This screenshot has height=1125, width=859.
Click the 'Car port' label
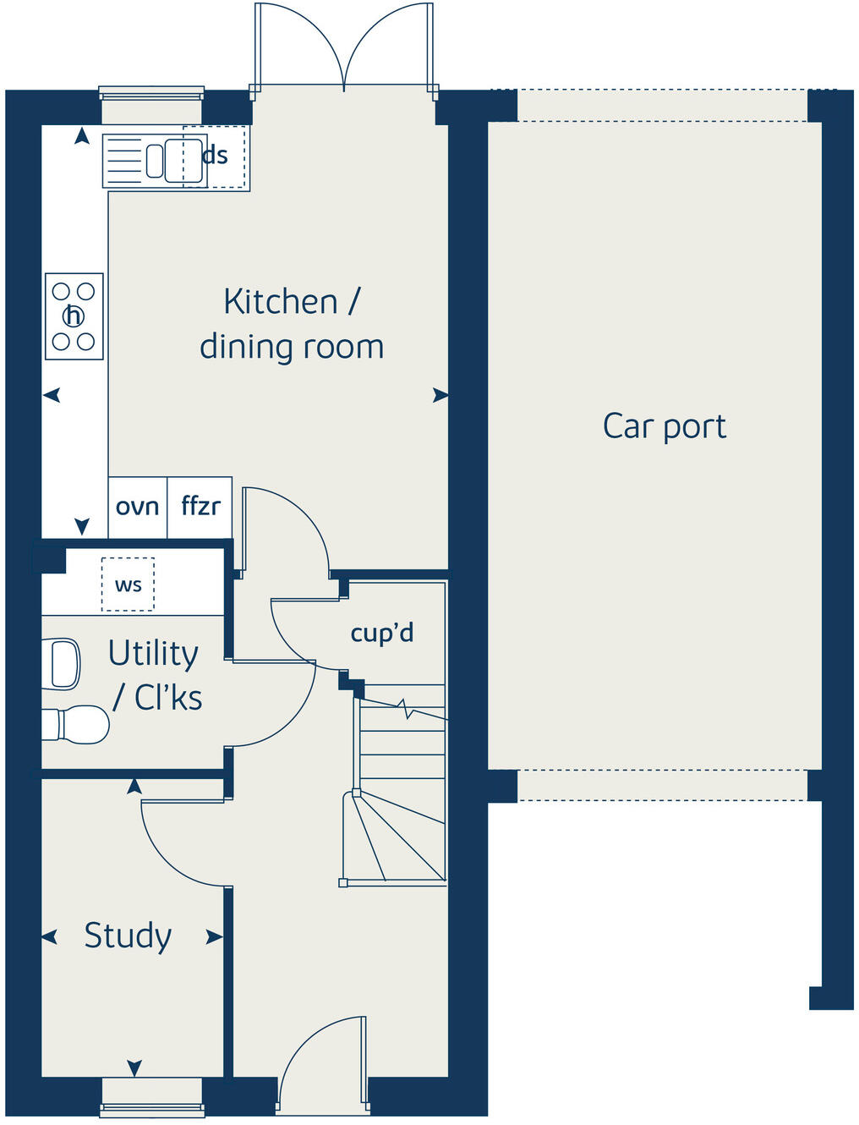pos(664,427)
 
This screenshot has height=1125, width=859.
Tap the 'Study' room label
pos(128,936)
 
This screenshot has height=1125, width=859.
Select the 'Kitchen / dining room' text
pos(292,324)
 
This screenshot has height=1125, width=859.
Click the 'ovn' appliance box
pos(137,507)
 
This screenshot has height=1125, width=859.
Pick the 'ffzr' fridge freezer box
pos(200,507)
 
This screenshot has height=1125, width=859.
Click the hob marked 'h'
pos(74,316)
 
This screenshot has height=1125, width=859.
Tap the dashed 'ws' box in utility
pos(128,584)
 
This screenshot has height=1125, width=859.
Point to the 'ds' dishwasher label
pos(216,156)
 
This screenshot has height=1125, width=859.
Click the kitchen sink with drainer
pos(154,161)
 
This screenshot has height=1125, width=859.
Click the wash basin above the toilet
pos(63,664)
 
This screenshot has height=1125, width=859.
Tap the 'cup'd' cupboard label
pos(382,633)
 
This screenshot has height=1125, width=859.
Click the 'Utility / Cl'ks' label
pos(155,675)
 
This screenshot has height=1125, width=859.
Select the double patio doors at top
pos(344,47)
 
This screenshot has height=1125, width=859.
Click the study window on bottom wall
pos(152,1099)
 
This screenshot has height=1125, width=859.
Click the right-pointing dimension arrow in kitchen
pos(440,395)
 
